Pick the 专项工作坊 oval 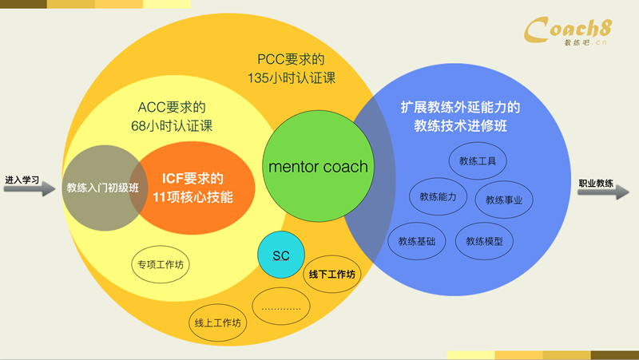(160, 263)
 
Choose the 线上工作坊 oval (217, 323)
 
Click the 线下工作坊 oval (331, 274)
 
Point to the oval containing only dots (280, 306)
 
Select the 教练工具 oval (478, 160)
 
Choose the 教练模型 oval (485, 240)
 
